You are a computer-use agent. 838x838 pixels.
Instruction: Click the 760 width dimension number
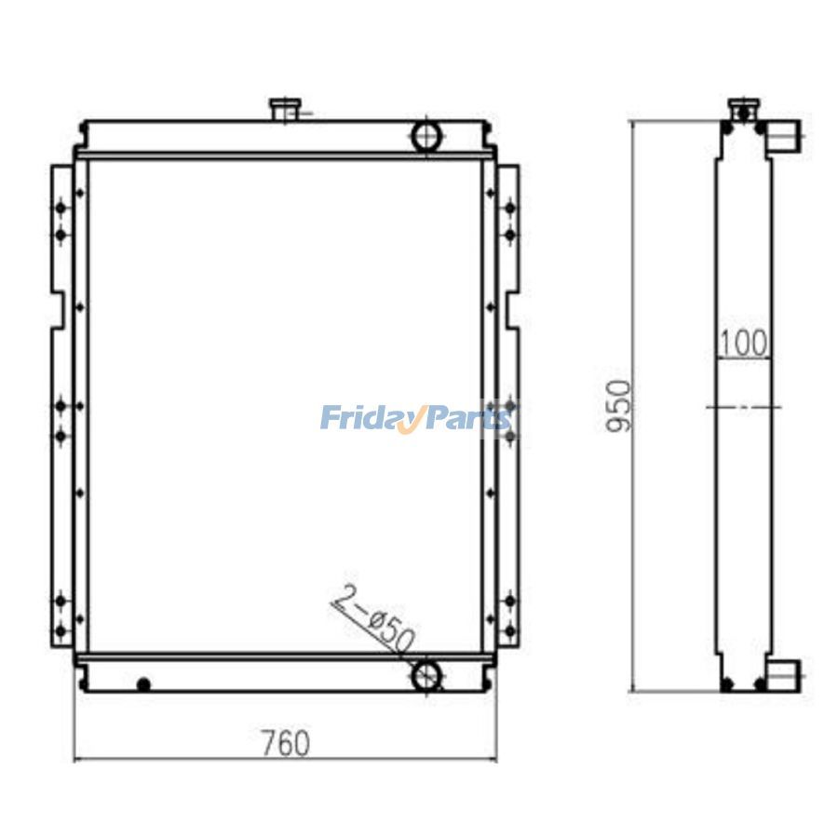(286, 743)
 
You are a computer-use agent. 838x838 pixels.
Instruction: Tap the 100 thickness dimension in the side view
(743, 343)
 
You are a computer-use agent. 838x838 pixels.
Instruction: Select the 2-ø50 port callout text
(374, 619)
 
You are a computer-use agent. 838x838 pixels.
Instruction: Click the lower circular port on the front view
(427, 676)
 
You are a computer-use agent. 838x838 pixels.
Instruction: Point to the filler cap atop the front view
(286, 109)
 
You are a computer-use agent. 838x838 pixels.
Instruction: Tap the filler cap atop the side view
(744, 110)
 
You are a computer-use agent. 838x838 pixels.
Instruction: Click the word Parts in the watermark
(466, 417)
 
